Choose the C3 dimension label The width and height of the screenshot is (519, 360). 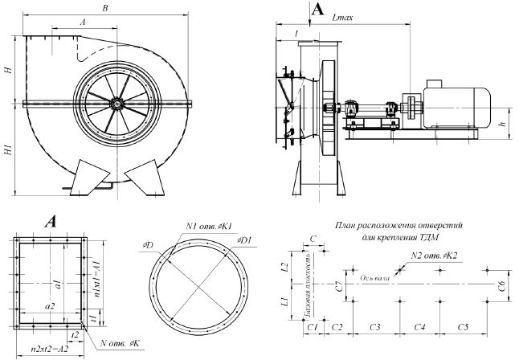(374, 328)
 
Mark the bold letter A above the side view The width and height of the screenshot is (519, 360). (317, 9)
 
